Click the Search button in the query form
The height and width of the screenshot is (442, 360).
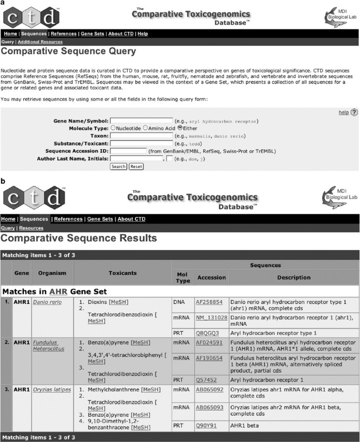point(119,166)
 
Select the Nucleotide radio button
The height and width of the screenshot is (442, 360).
point(113,128)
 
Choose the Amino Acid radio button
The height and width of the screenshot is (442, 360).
point(145,128)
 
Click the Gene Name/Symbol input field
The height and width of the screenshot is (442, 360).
point(141,120)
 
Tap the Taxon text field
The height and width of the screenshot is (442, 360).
point(141,135)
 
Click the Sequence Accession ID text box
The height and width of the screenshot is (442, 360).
point(128,151)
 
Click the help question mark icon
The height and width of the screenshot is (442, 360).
point(354,112)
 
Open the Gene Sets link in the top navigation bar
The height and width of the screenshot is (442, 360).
point(92,34)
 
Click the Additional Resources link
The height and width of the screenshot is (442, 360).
point(40,42)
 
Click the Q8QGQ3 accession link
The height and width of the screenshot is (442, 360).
point(206,333)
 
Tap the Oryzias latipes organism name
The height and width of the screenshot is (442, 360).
point(52,389)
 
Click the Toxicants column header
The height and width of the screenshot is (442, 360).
point(122,273)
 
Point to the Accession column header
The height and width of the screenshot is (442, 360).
point(211,277)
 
